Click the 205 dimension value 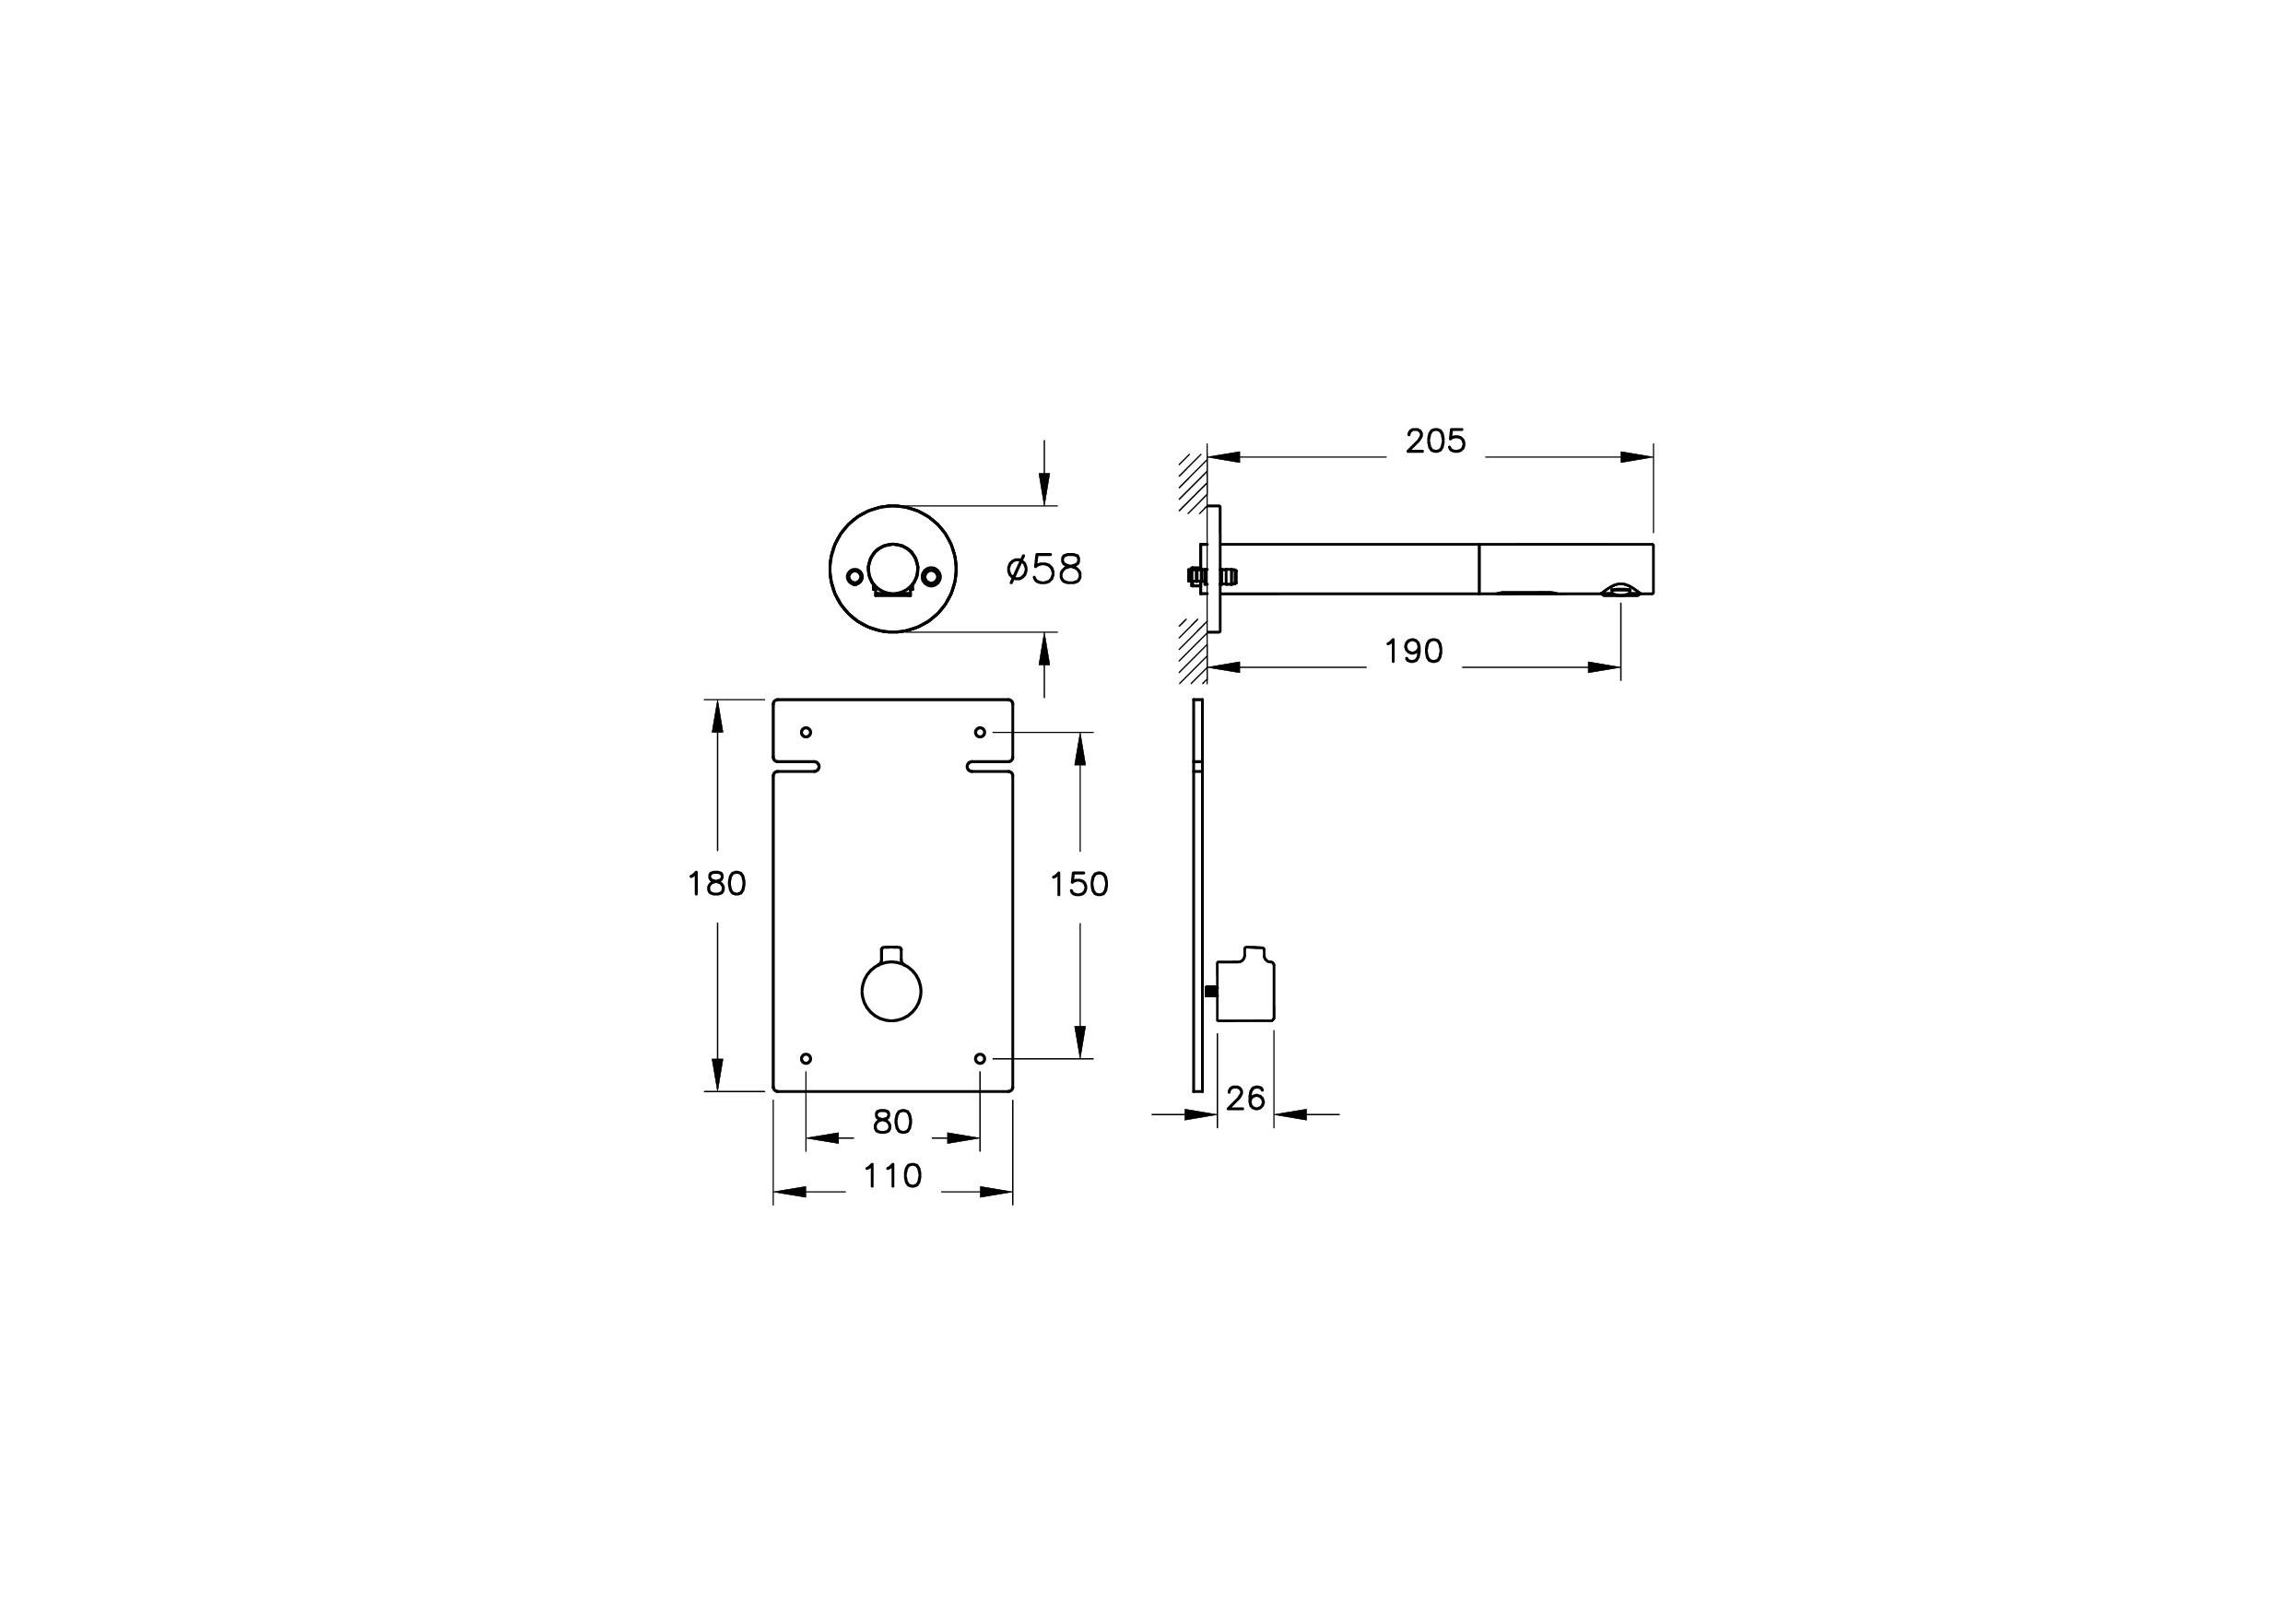tap(1435, 441)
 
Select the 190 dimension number tap(1413, 652)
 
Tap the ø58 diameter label tap(1044, 571)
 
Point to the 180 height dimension tap(716, 884)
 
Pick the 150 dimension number tap(1079, 885)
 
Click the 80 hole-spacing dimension tap(892, 1123)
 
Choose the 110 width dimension tap(892, 1176)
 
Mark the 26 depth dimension tap(1245, 1099)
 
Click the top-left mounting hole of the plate tap(807, 733)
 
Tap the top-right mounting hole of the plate tap(981, 733)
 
